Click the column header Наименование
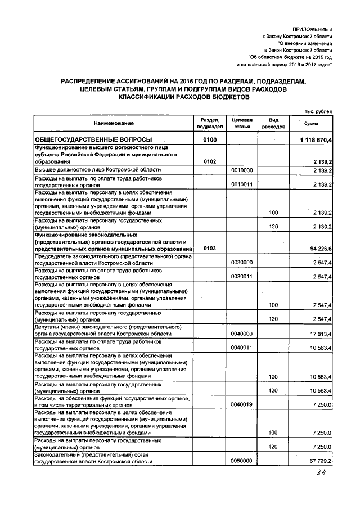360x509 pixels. (x=114, y=123)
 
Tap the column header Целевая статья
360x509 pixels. (x=241, y=123)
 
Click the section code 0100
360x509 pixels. (x=210, y=139)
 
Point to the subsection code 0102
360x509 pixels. (x=210, y=161)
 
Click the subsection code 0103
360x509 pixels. (x=210, y=248)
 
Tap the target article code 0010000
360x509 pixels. (x=241, y=170)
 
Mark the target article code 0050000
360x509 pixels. (x=241, y=461)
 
